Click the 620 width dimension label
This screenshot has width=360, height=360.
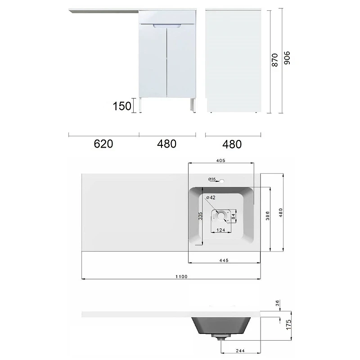click(x=103, y=144)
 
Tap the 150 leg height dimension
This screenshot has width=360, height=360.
click(x=122, y=106)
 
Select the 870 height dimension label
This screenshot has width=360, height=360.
click(x=274, y=60)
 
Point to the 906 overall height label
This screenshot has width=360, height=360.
click(x=287, y=58)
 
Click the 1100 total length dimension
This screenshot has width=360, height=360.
click(x=181, y=277)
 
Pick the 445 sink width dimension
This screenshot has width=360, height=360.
click(x=224, y=261)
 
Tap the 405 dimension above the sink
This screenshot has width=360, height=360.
click(x=220, y=161)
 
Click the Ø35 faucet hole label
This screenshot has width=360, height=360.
click(x=212, y=179)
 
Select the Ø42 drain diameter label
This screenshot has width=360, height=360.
click(x=211, y=198)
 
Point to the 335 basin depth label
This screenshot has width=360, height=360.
click(x=200, y=216)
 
